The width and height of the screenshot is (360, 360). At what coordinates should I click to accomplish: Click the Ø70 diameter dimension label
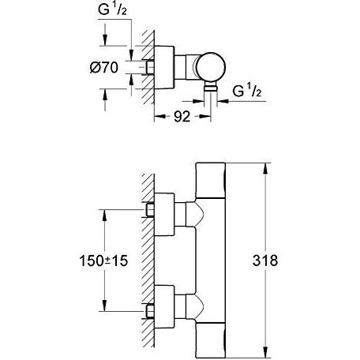[104, 68]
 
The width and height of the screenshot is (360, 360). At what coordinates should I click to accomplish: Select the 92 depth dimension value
[182, 116]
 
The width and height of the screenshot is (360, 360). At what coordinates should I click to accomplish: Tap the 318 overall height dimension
[265, 261]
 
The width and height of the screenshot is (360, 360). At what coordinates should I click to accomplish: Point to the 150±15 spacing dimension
[103, 261]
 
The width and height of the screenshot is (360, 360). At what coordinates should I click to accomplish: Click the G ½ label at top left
[112, 9]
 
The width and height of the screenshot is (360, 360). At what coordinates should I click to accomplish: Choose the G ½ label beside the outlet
[246, 91]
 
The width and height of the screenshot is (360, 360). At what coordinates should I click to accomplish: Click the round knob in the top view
[212, 66]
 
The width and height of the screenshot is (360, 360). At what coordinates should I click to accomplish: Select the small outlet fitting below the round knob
[211, 85]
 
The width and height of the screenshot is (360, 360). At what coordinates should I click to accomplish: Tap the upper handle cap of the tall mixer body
[211, 180]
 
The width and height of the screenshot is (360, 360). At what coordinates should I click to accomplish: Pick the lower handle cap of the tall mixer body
[211, 340]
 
